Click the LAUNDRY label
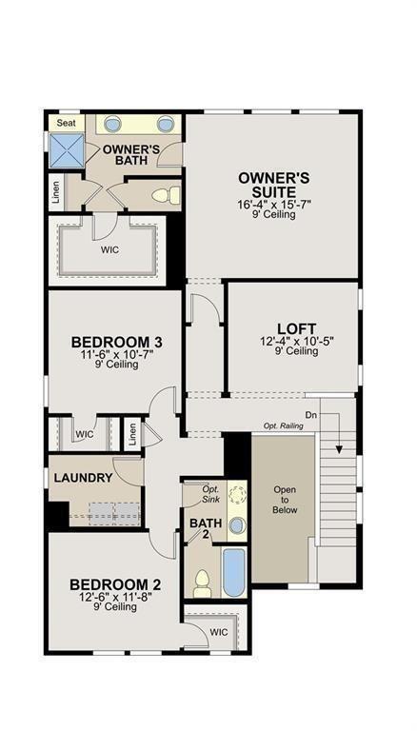coord(84,478)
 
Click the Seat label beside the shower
coord(67,123)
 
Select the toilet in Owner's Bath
coord(166,196)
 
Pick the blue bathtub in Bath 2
coord(233,570)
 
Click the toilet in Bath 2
coord(202,582)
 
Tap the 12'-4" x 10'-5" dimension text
coord(296,340)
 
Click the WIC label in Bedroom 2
coord(218,631)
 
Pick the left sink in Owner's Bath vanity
coord(112,124)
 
